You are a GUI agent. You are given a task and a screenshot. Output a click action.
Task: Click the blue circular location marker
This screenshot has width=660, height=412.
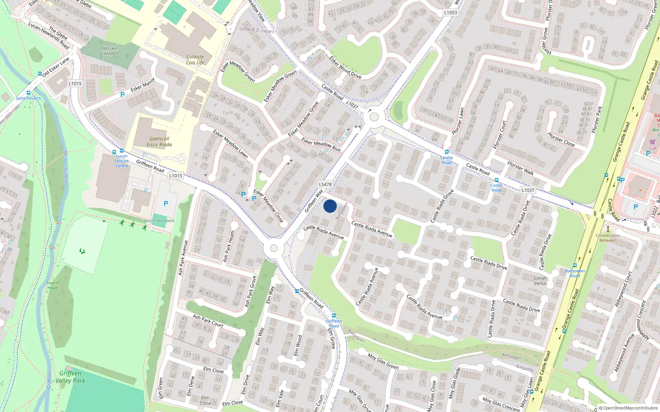330,206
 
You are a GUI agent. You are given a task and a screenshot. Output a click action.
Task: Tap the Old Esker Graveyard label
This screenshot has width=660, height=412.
109,51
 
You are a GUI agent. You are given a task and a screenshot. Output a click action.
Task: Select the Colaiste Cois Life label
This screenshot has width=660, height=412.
195,60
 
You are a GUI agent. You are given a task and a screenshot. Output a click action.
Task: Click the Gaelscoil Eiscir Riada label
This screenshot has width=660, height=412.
159,142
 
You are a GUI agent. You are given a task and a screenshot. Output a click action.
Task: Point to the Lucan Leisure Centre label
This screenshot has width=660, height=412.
122,161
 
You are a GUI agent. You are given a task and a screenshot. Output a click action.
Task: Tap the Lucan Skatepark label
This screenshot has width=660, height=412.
159,221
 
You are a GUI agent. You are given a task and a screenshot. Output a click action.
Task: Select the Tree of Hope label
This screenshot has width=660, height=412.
53,285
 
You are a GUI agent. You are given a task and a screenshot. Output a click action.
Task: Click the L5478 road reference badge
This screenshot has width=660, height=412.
325,185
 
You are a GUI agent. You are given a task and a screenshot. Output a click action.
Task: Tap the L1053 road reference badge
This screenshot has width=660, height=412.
450,13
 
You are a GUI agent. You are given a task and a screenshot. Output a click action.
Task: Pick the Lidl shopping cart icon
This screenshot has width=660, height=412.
652,142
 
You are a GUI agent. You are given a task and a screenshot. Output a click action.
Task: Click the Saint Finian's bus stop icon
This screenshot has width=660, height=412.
28,93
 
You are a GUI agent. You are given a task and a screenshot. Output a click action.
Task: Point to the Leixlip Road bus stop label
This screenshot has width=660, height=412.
447,160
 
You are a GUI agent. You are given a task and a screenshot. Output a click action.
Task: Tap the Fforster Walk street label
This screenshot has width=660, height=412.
521,168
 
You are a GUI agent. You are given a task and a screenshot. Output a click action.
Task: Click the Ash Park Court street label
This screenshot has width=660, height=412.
208,321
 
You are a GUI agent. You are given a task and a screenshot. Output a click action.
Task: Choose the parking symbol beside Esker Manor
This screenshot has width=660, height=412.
123,95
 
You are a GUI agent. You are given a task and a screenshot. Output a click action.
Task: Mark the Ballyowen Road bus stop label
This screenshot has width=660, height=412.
575,273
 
